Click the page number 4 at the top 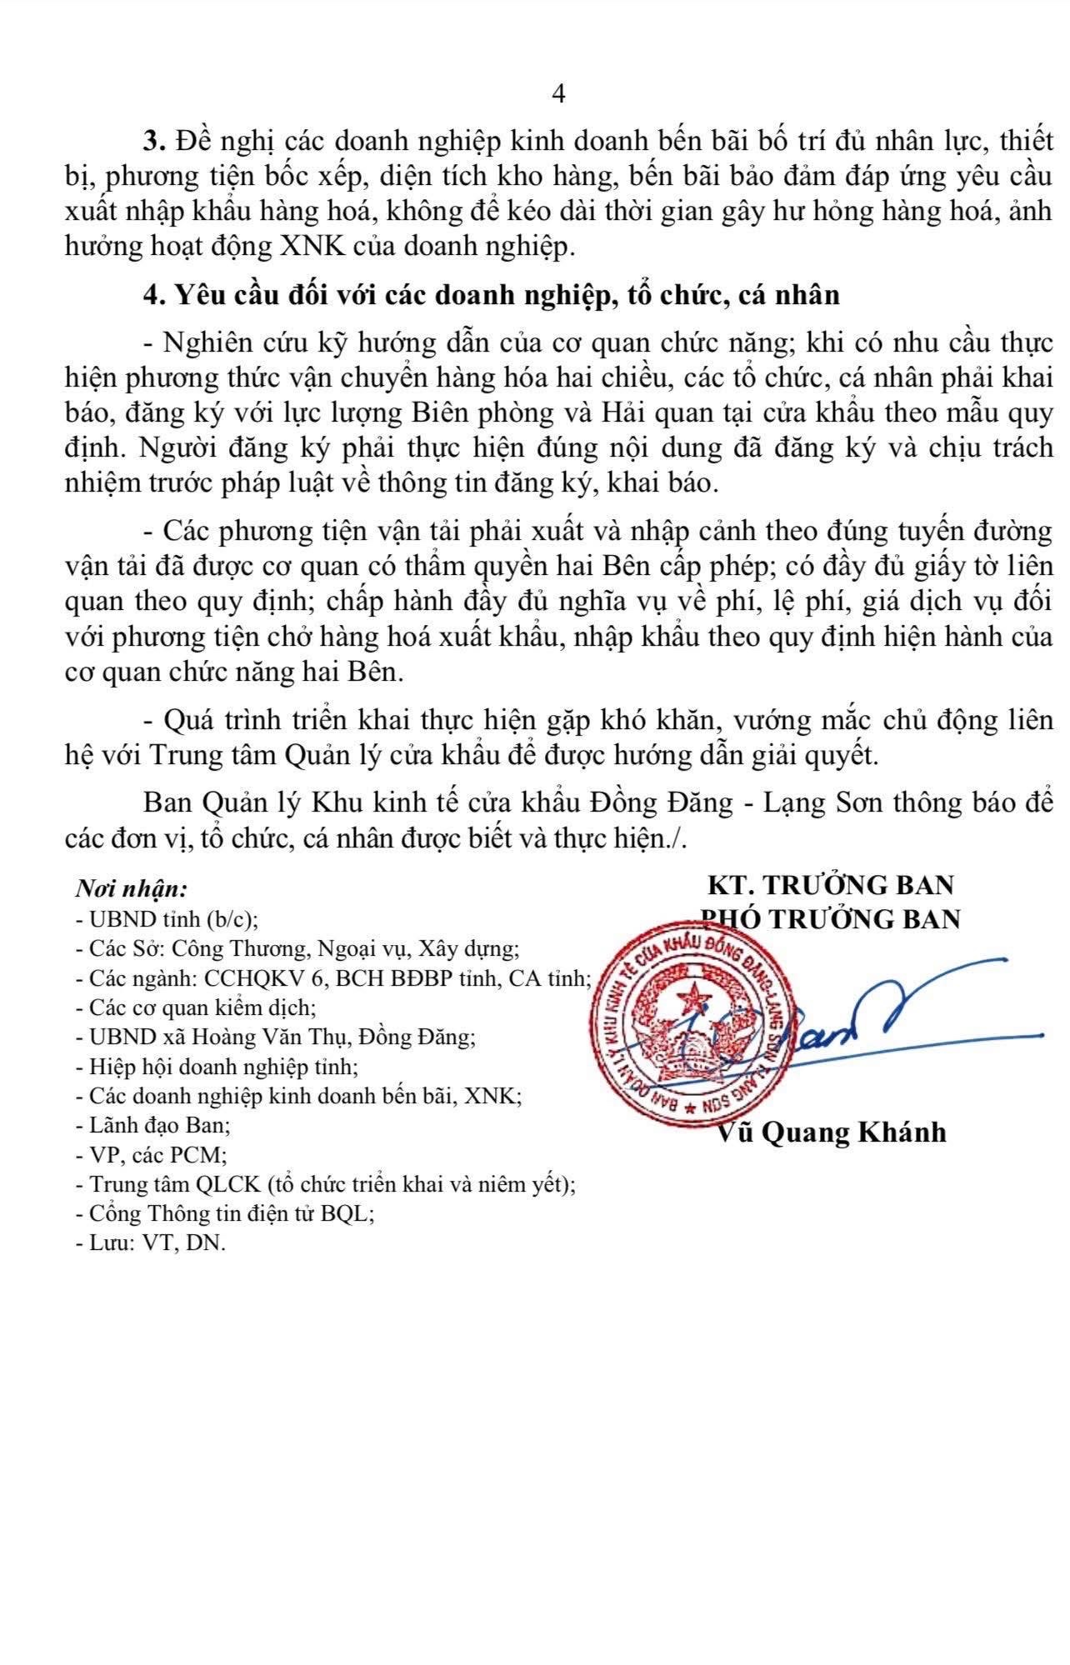click(558, 95)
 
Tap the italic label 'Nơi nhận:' click(132, 888)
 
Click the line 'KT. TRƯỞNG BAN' click(830, 884)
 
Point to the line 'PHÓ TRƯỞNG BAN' click(830, 918)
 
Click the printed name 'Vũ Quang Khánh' click(832, 1132)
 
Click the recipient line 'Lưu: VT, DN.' click(150, 1243)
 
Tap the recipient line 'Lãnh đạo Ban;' click(152, 1126)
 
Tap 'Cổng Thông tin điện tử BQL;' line click(225, 1214)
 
